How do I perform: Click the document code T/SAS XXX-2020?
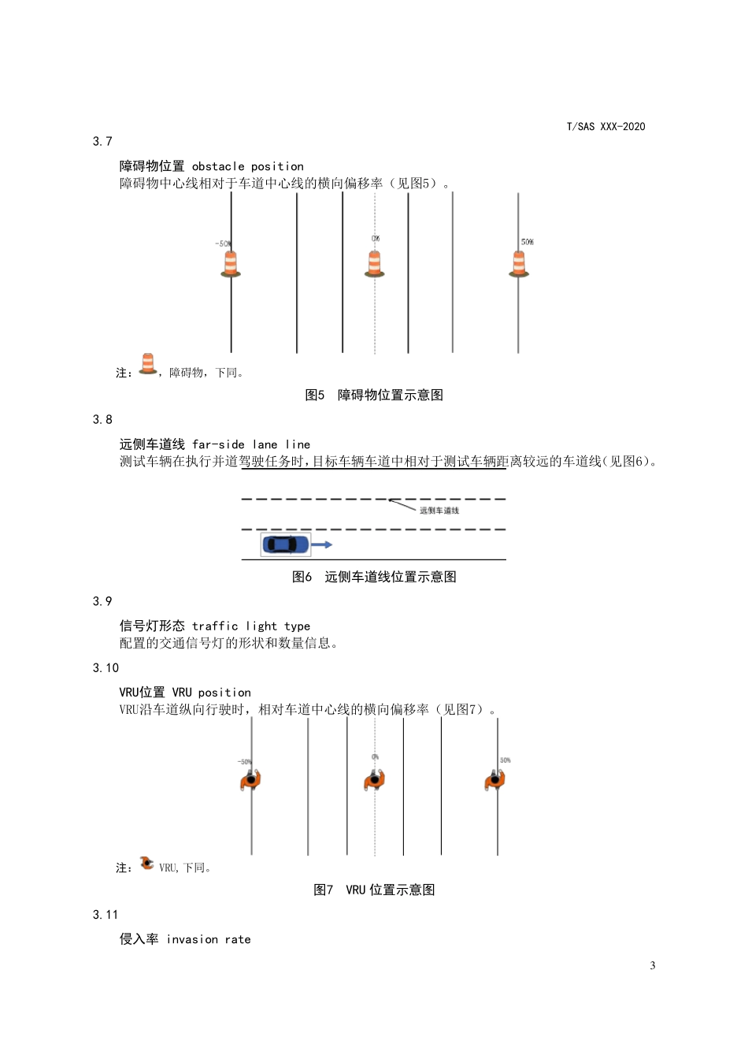point(605,126)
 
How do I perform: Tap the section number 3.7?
point(102,142)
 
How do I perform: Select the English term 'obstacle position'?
point(247,166)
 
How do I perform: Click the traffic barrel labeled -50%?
point(230,263)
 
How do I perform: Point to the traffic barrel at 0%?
point(375,263)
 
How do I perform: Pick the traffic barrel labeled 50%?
point(519,263)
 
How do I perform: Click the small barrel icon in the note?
point(147,364)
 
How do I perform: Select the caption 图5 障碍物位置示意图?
point(374,395)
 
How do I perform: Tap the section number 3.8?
point(102,420)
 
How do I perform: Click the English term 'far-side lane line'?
point(251,444)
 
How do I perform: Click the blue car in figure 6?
point(286,544)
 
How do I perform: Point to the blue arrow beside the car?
point(322,544)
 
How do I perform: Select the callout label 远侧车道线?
point(439,511)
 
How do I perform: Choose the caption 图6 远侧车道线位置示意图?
point(374,577)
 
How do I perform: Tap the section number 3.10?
point(106,668)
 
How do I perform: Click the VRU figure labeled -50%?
point(250,780)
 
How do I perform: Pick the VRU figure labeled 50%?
point(494,780)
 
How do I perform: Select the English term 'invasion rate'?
point(209,939)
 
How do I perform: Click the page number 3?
point(652,966)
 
